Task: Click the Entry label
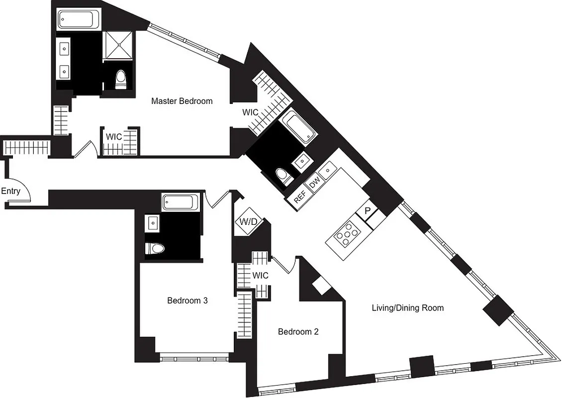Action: (x=10, y=191)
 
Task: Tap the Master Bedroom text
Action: (x=182, y=101)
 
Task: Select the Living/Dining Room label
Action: (x=407, y=308)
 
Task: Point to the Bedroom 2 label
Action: (x=298, y=332)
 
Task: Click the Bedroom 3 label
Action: (x=187, y=300)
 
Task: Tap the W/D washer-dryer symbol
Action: (x=247, y=220)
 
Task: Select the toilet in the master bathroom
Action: (x=121, y=80)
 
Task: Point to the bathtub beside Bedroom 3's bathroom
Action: (x=181, y=202)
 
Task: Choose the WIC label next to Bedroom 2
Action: (x=260, y=275)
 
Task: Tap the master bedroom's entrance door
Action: (x=84, y=148)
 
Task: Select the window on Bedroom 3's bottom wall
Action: (x=194, y=356)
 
